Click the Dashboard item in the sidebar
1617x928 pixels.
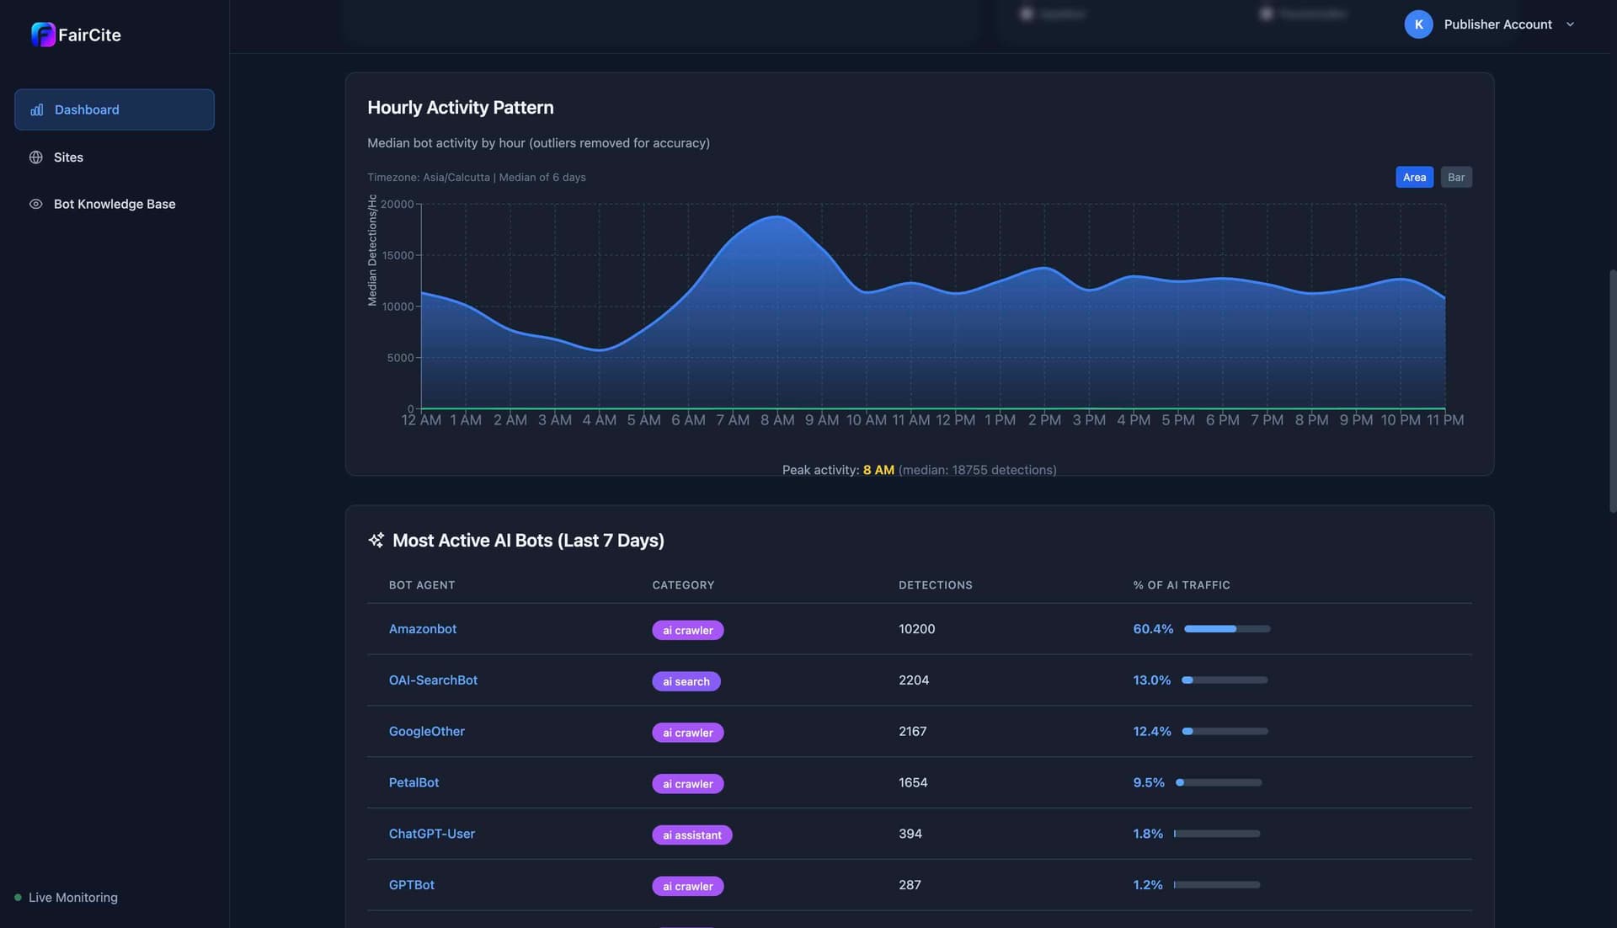(x=114, y=109)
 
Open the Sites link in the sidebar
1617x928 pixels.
(x=68, y=157)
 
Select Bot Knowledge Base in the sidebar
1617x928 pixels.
(x=114, y=204)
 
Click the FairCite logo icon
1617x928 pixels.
(x=43, y=35)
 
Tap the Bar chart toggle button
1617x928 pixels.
(x=1455, y=177)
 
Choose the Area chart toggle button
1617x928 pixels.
(x=1414, y=177)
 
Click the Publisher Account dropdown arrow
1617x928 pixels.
(x=1570, y=24)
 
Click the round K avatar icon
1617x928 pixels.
(x=1418, y=24)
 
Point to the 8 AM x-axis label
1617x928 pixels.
(x=776, y=419)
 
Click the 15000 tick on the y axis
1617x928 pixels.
(x=398, y=255)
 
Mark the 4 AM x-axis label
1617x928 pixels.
(x=599, y=419)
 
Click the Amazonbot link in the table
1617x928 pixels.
(x=422, y=629)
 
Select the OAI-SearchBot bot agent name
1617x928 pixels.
(x=433, y=680)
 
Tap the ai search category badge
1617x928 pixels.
(x=686, y=681)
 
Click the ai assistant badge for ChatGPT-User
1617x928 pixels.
(x=691, y=835)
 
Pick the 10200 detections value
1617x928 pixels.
(x=916, y=629)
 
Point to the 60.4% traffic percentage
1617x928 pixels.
(x=1153, y=629)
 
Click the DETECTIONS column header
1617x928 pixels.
(x=935, y=584)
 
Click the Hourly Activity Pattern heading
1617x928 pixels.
(x=460, y=108)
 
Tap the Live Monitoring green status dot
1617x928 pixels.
(x=18, y=898)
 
